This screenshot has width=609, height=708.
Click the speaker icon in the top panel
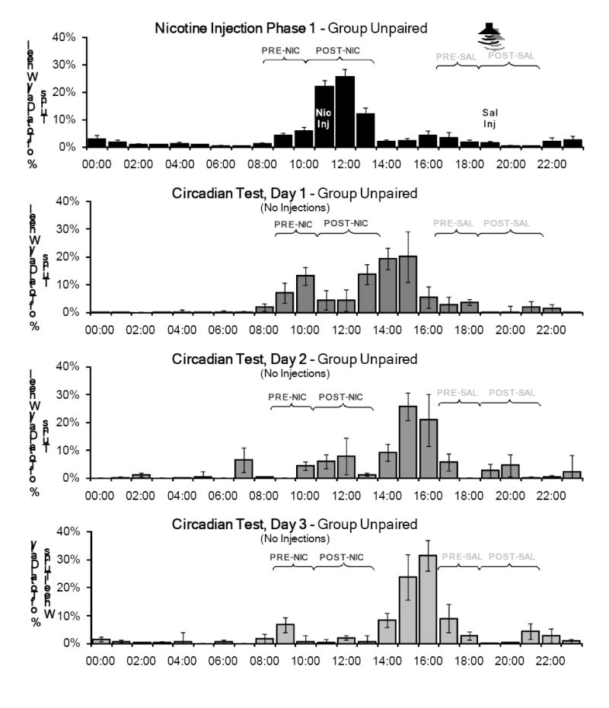coord(490,33)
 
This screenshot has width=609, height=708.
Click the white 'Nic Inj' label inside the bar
coord(323,118)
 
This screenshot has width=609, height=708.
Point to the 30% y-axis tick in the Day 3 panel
coord(69,560)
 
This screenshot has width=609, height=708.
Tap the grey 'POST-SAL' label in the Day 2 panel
coord(512,393)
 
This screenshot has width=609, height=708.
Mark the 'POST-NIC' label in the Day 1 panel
coord(346,223)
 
